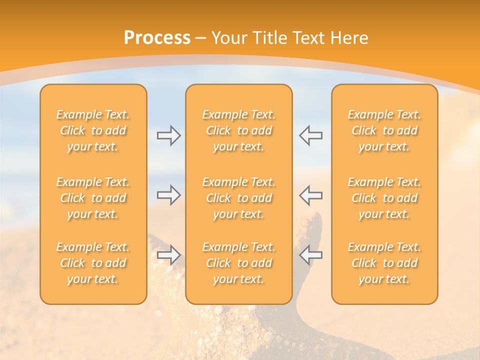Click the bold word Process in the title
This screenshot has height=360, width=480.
coord(157,38)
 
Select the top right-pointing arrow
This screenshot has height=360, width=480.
coord(168,135)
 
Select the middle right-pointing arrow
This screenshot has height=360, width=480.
coord(168,195)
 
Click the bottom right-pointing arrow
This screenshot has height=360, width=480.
coord(168,255)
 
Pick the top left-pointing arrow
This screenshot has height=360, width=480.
coord(310,135)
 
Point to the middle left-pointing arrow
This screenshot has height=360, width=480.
coord(310,195)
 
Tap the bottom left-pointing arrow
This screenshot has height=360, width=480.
coord(310,255)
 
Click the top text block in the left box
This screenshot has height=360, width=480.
coord(93,130)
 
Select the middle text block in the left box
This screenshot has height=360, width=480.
coord(93,198)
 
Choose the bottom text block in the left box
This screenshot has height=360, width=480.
coord(93,263)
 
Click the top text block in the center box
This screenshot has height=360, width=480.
coord(238,130)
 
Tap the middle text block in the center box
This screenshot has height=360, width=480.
coord(238,198)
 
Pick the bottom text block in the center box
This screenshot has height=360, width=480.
coord(238,263)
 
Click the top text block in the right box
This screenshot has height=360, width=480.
coord(384,130)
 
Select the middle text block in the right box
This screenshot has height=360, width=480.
coord(384,198)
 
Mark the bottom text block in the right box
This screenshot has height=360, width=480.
coord(384,263)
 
